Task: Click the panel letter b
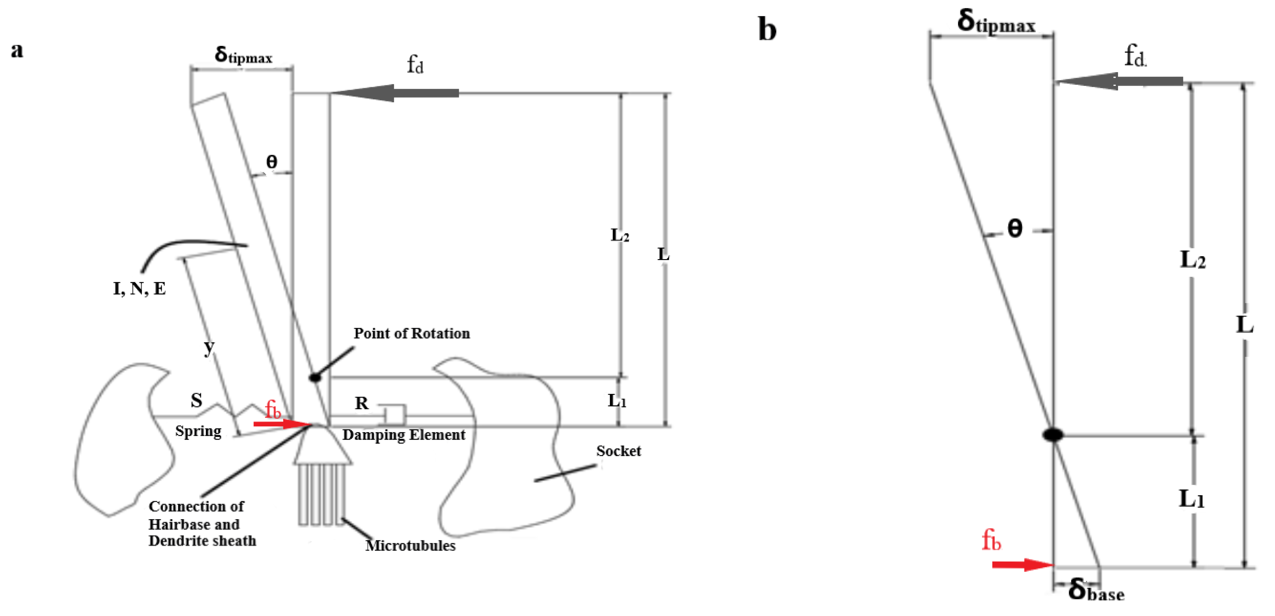(x=767, y=30)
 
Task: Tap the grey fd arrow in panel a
(x=396, y=93)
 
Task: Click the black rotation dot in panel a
(x=315, y=378)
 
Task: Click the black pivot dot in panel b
(x=1053, y=435)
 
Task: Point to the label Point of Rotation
(x=411, y=333)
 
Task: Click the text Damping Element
(x=403, y=435)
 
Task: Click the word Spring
(x=198, y=431)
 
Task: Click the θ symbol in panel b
(x=1015, y=229)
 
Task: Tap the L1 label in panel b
(x=1191, y=499)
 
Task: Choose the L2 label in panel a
(x=619, y=235)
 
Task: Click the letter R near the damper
(x=362, y=403)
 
